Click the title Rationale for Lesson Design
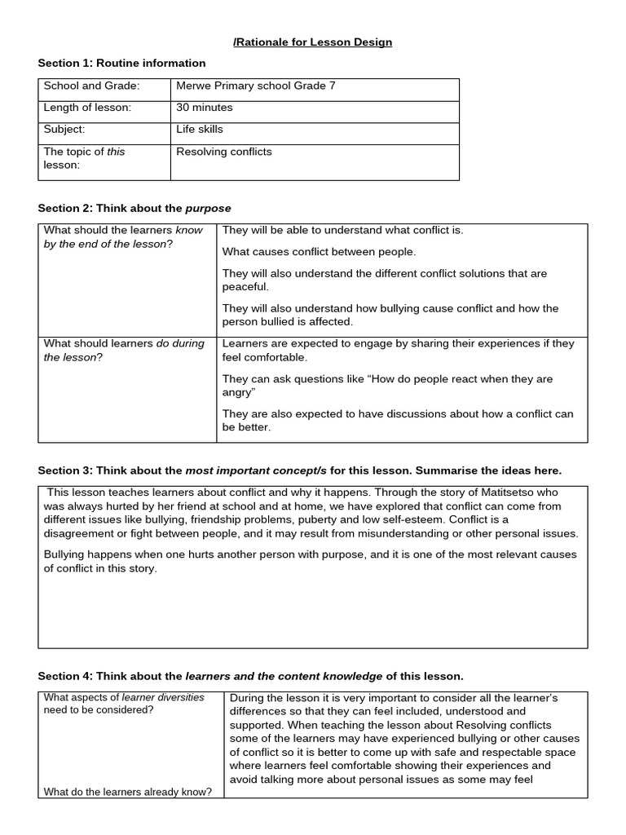tap(313, 42)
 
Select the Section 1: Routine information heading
tap(121, 63)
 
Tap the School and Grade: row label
tap(91, 86)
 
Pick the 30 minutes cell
tap(204, 108)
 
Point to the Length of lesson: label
tap(87, 108)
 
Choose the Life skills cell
tap(199, 129)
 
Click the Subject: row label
tap(64, 129)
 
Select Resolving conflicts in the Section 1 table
tap(224, 152)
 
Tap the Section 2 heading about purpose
tap(134, 208)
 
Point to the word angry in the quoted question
tap(237, 392)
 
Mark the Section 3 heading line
tap(300, 471)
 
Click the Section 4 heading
tap(250, 676)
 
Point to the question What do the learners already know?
tap(127, 791)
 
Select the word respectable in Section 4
tap(433, 753)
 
